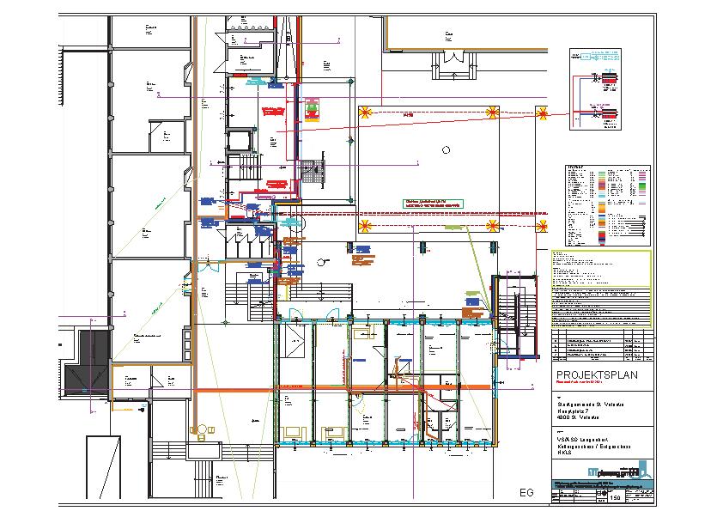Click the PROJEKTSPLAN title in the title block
point(592,376)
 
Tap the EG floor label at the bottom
point(526,493)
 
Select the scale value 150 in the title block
point(615,497)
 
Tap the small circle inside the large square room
point(445,149)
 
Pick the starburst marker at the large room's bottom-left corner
point(363,226)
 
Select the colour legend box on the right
point(606,204)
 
